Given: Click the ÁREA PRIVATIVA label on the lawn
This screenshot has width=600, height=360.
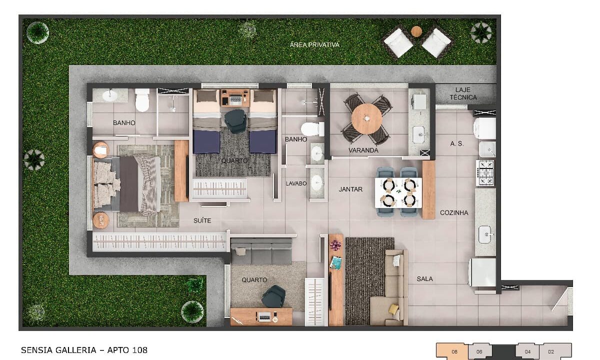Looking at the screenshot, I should click(314, 45).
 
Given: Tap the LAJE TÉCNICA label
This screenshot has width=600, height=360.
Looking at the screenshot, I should click(462, 93).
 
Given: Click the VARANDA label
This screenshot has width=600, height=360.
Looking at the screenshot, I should click(363, 150).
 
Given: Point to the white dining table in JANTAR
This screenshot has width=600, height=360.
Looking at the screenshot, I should click(398, 192).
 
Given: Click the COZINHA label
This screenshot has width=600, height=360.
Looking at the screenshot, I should click(454, 213).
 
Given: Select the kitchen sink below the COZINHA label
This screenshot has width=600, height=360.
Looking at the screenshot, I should click(485, 233).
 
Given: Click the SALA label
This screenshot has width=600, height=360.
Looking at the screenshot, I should click(424, 279).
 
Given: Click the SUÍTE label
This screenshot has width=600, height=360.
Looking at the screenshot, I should click(202, 220).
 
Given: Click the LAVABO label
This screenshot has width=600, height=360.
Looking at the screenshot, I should click(295, 183).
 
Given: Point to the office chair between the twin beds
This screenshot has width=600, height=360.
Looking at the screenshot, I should click(235, 120).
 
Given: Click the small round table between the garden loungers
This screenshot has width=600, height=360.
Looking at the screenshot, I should click(416, 31).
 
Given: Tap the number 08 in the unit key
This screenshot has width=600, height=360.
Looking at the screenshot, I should click(454, 352).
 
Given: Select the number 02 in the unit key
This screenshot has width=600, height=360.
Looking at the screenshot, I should click(551, 352).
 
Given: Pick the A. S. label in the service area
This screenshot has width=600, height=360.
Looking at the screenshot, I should click(456, 143).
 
